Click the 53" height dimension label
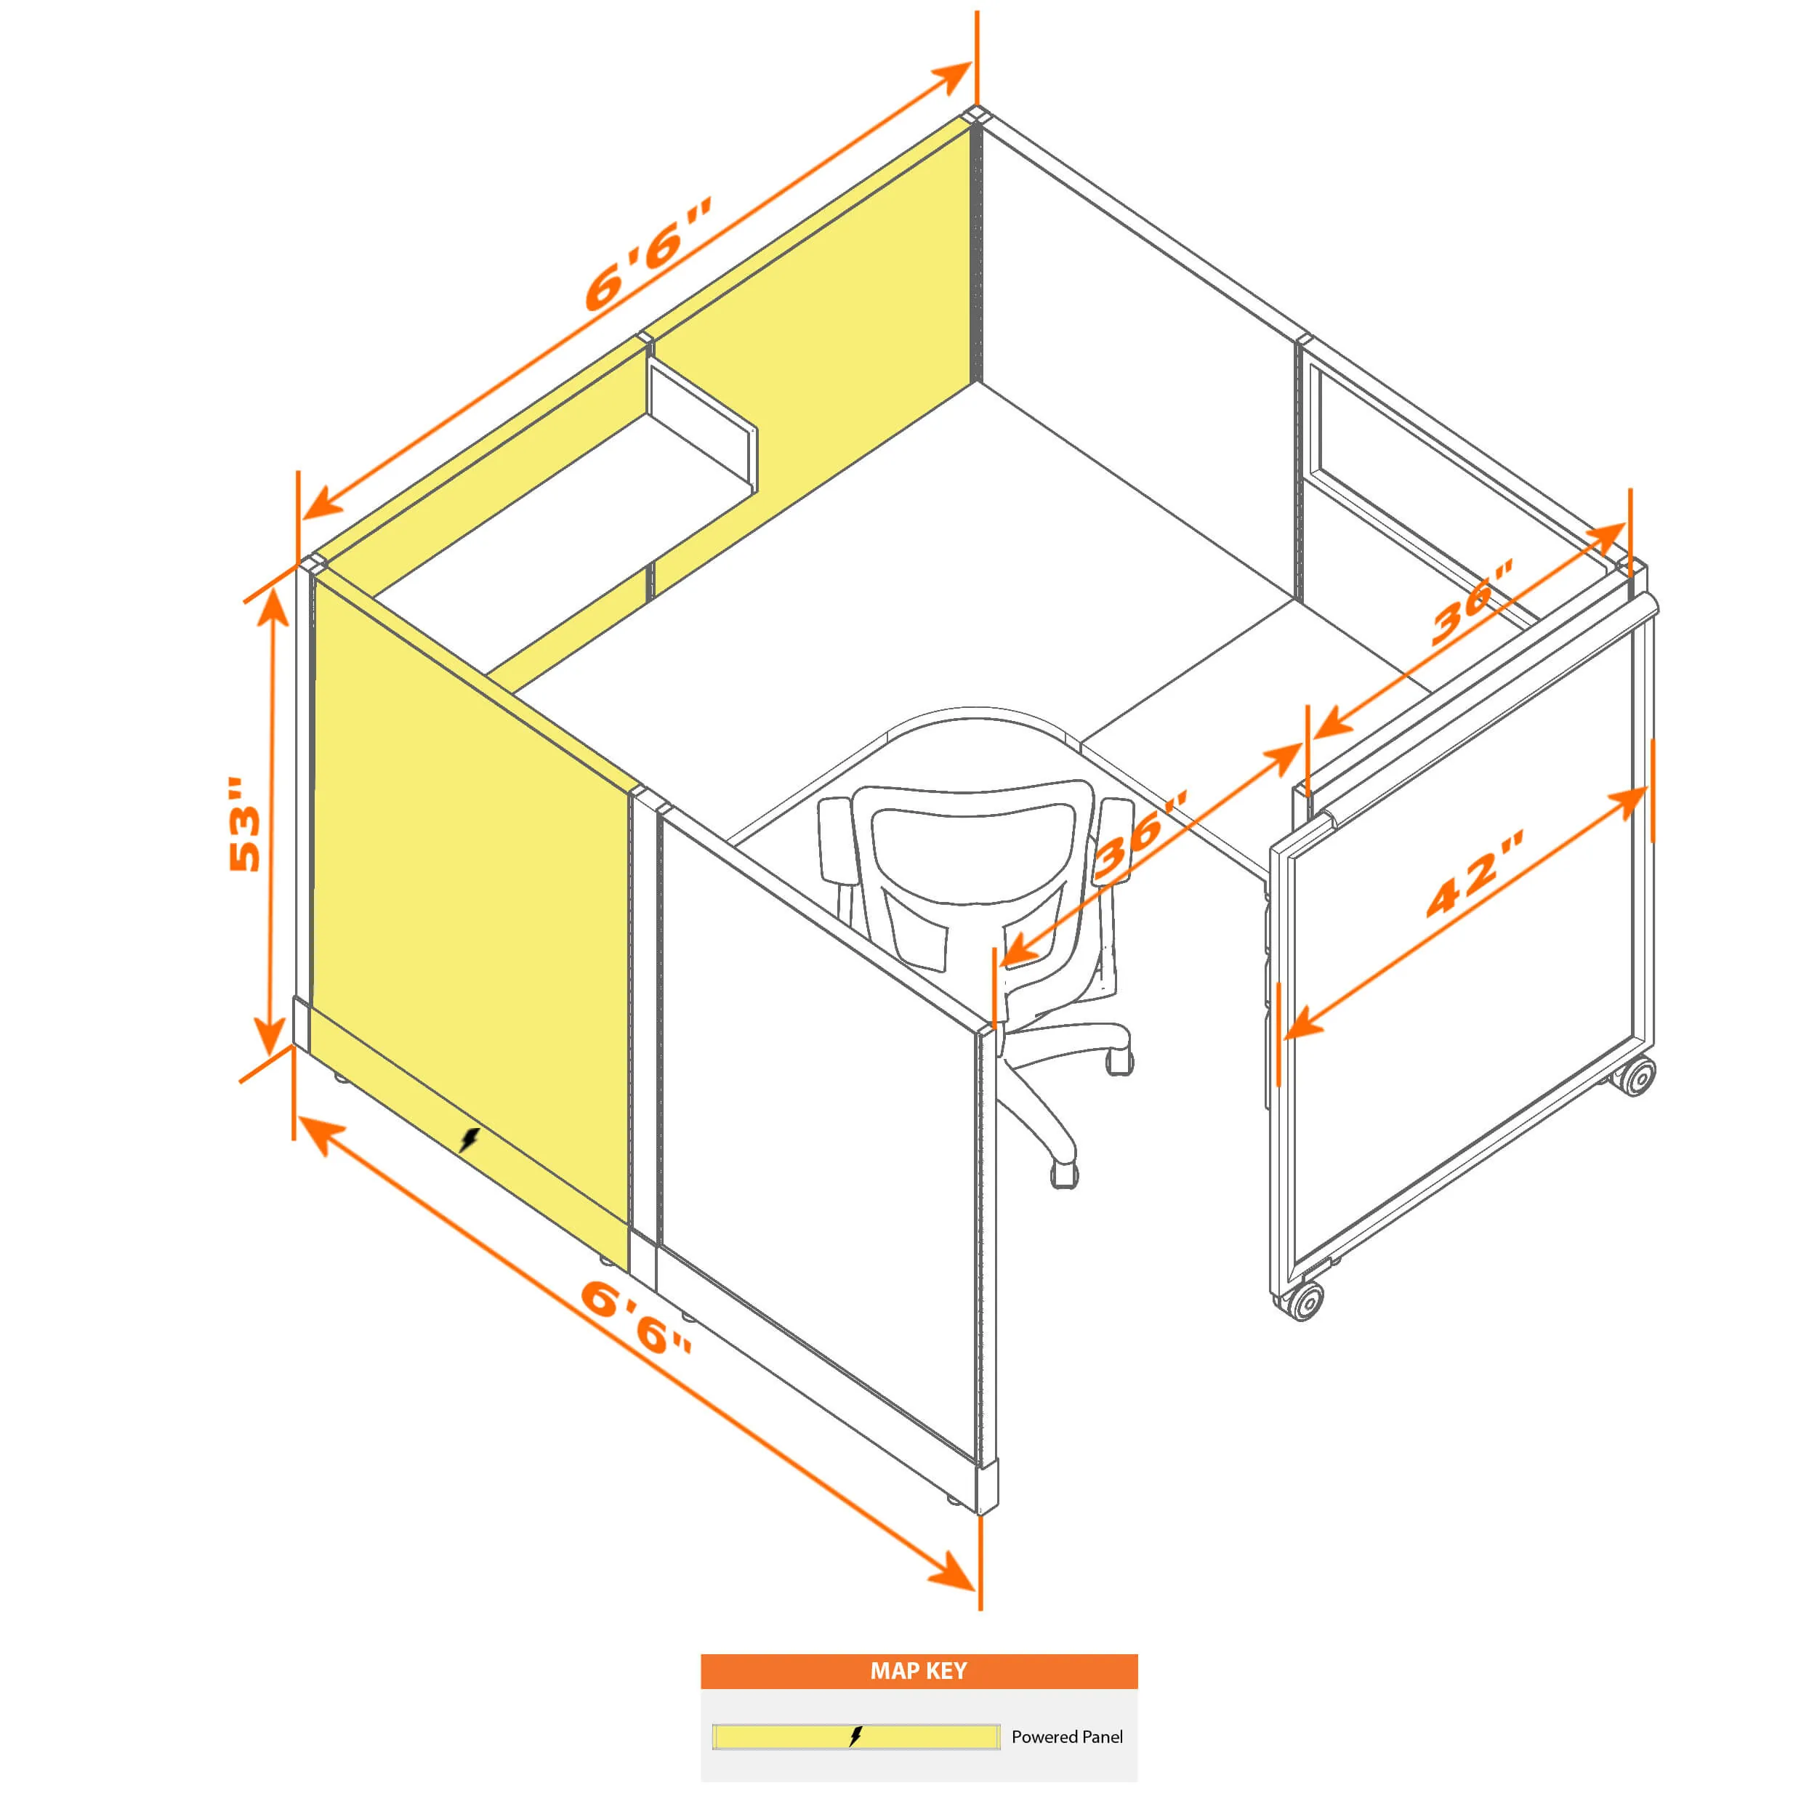click(x=244, y=825)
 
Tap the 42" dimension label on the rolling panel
click(x=1475, y=873)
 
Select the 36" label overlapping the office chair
click(x=1142, y=836)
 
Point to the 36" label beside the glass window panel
click(x=1472, y=602)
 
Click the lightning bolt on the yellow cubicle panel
click(x=470, y=1140)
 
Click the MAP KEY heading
click(x=918, y=1671)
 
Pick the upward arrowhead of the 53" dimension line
click(x=273, y=611)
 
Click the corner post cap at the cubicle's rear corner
click(x=976, y=115)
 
